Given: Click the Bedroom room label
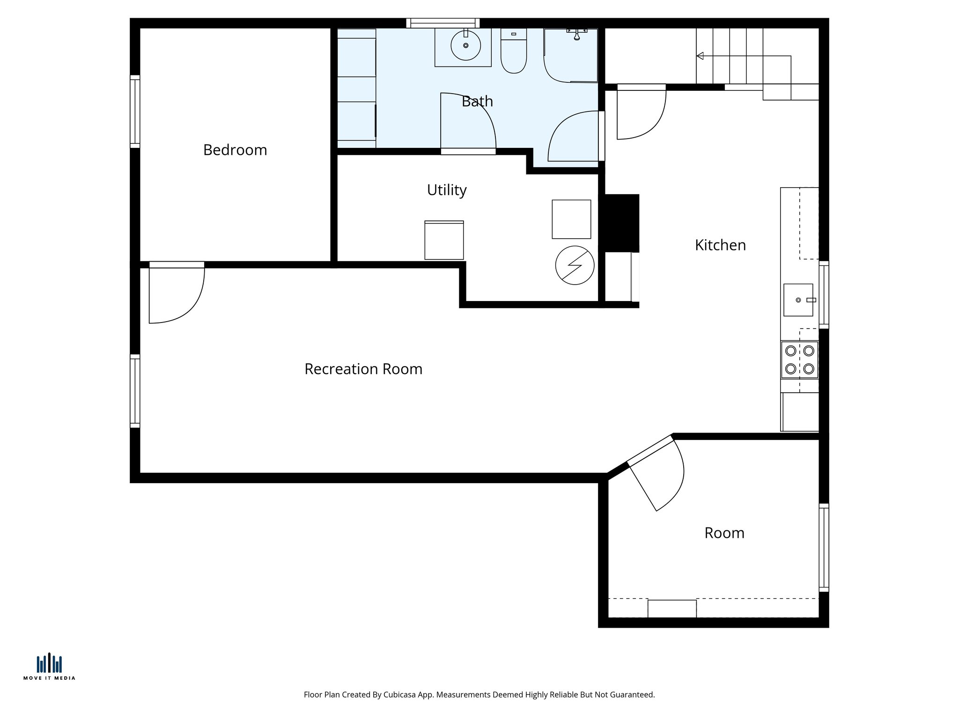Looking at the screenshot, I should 235,150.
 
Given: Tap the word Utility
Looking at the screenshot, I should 447,190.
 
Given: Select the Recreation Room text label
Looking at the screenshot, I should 363,369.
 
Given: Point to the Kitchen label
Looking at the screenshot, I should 720,245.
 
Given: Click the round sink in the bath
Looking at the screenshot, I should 465,45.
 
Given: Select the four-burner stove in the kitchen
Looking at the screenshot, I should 799,360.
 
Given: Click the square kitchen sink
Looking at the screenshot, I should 798,300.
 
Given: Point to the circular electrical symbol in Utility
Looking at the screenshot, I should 575,265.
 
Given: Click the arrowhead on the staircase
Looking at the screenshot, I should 700,56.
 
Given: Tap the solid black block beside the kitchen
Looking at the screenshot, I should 621,223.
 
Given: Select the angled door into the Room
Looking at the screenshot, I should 656,473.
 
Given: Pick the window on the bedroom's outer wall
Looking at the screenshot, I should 135,111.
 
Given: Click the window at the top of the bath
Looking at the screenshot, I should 443,23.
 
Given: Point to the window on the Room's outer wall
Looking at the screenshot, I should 824,548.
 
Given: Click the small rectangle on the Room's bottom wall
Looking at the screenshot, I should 672,609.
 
